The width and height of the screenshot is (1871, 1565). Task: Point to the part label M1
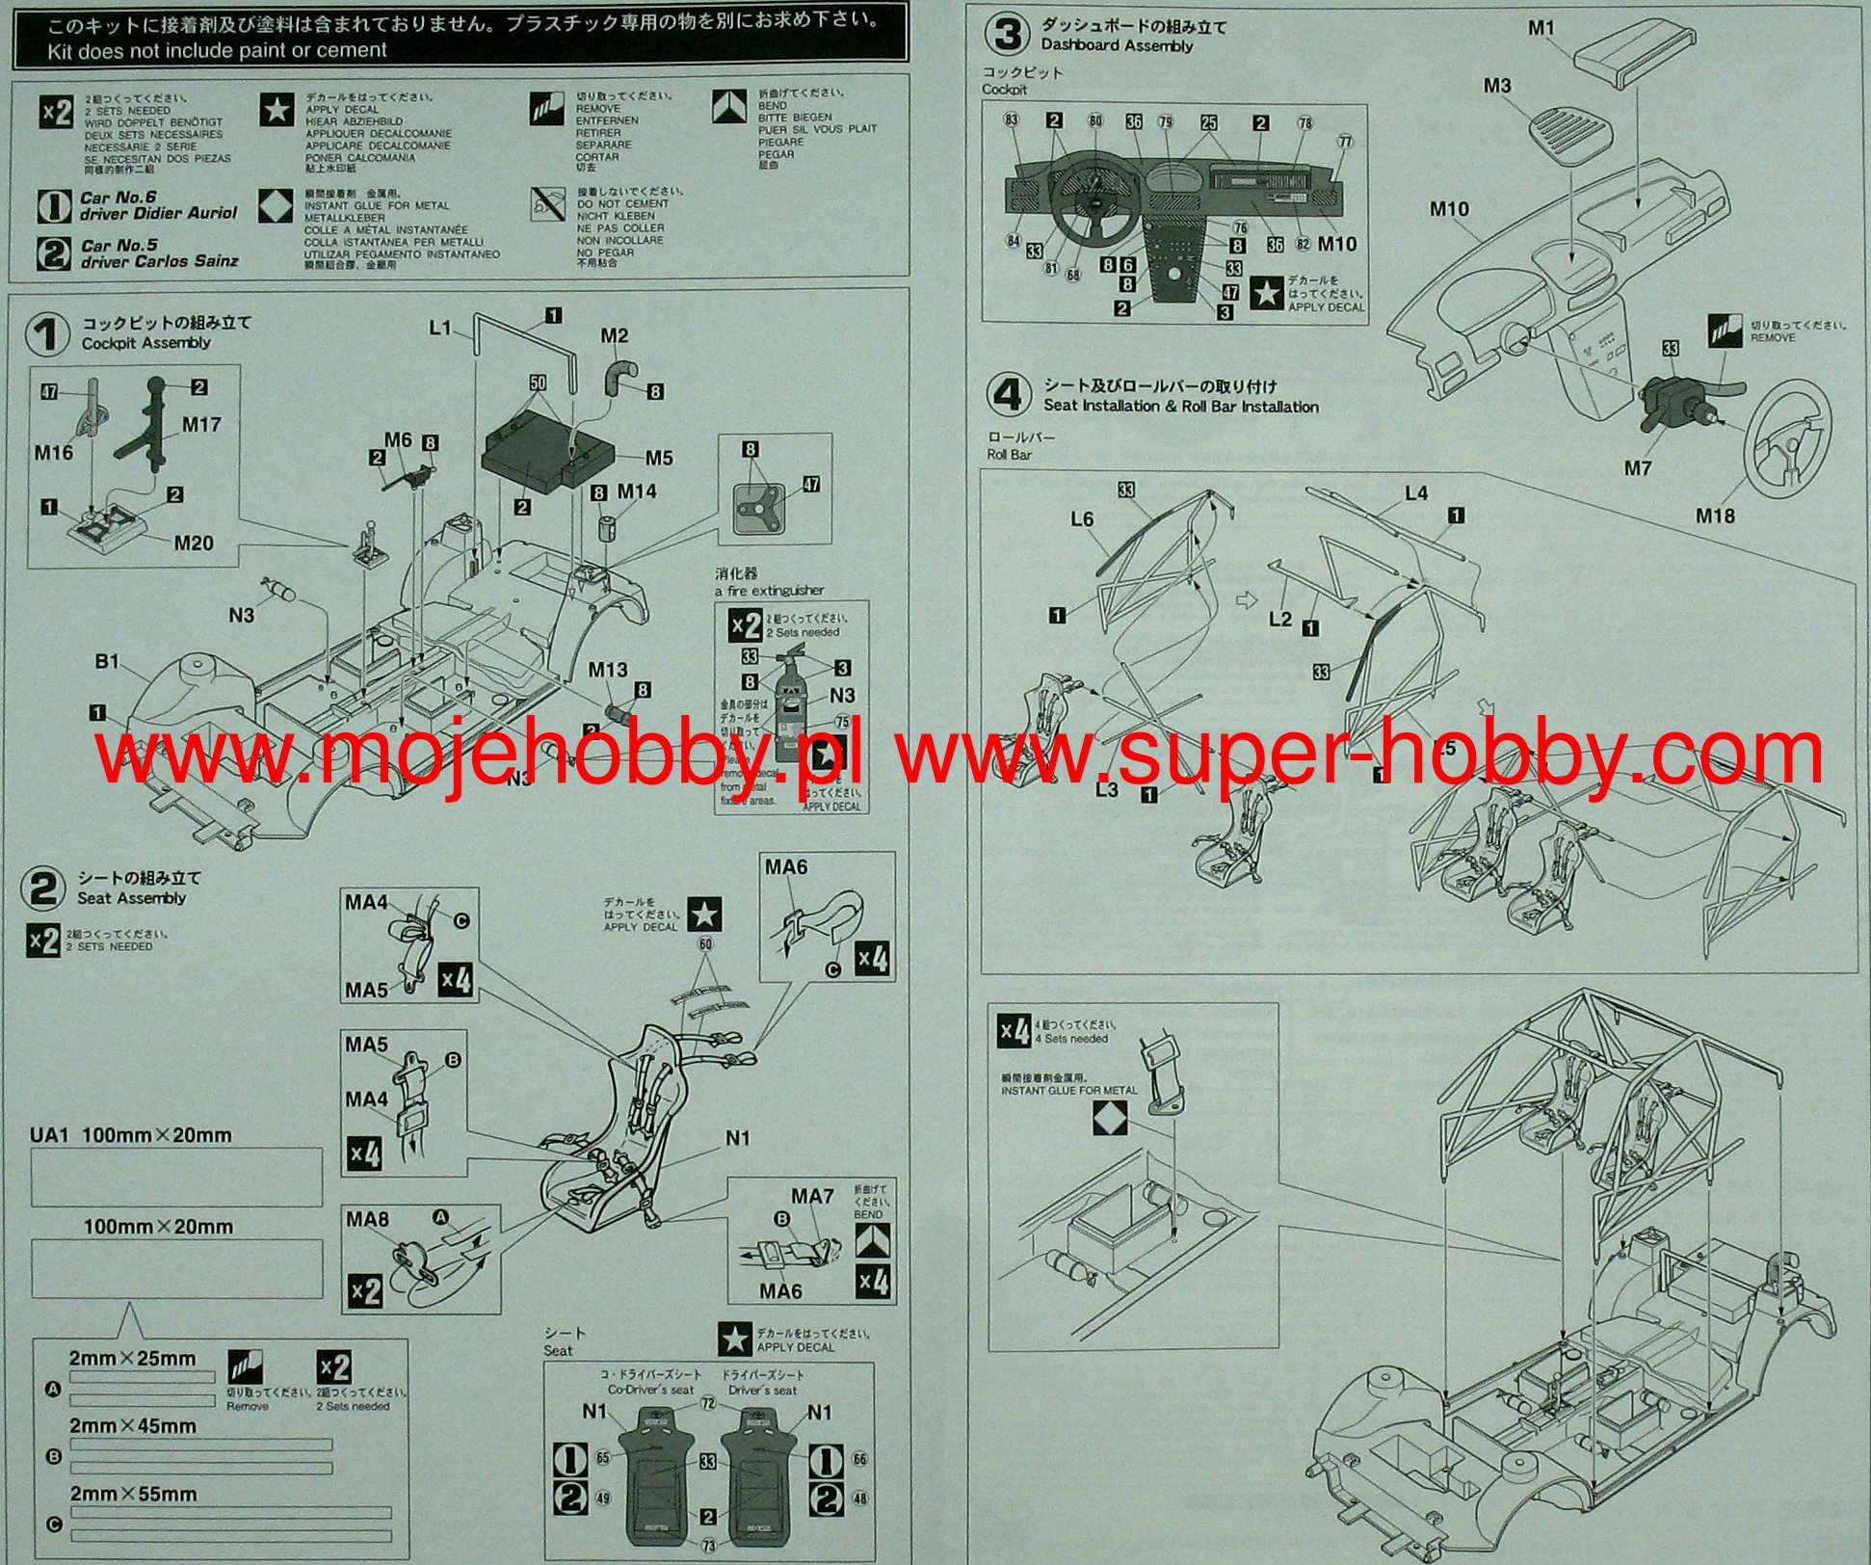point(1542,28)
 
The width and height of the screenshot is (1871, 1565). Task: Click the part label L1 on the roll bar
point(440,329)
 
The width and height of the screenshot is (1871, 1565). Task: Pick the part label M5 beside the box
point(659,458)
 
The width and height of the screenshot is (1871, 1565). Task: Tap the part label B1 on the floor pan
point(106,661)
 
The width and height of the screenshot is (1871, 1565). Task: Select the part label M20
point(194,543)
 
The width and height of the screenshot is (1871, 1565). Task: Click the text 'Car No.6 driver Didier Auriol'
point(157,205)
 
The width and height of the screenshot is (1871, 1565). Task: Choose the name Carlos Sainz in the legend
point(193,261)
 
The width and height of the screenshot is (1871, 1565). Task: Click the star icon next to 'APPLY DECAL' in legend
point(277,110)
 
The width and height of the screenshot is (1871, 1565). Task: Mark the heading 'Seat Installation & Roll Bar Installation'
point(1180,406)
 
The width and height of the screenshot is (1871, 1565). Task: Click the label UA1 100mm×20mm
point(130,1135)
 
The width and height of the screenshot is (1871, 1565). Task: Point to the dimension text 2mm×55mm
point(133,1494)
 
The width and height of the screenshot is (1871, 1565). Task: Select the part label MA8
point(367,1219)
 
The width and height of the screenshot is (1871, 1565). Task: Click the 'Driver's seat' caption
point(763,1391)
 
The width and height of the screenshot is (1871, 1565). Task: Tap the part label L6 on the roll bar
point(1082,519)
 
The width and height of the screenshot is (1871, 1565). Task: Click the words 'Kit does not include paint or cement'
point(217,51)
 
